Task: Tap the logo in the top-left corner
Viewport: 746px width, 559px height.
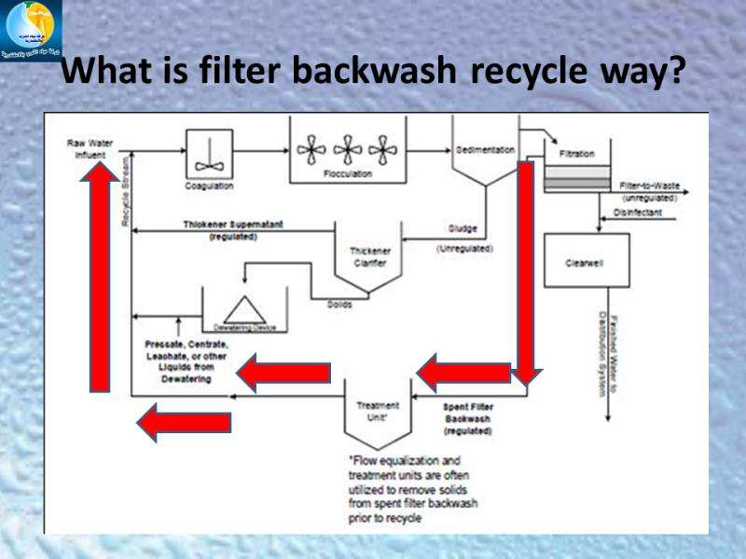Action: coord(31,31)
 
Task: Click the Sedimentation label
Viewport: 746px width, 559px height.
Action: coord(486,149)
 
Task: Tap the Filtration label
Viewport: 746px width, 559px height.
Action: coord(576,154)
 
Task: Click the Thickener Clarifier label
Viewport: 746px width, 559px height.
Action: coord(369,256)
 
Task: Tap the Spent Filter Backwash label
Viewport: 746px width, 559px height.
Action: coord(468,419)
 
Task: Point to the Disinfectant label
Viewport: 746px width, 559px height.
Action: coord(638,213)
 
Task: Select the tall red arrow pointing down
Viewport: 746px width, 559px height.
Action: coord(526,270)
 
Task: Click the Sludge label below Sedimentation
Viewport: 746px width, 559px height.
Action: coord(463,227)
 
